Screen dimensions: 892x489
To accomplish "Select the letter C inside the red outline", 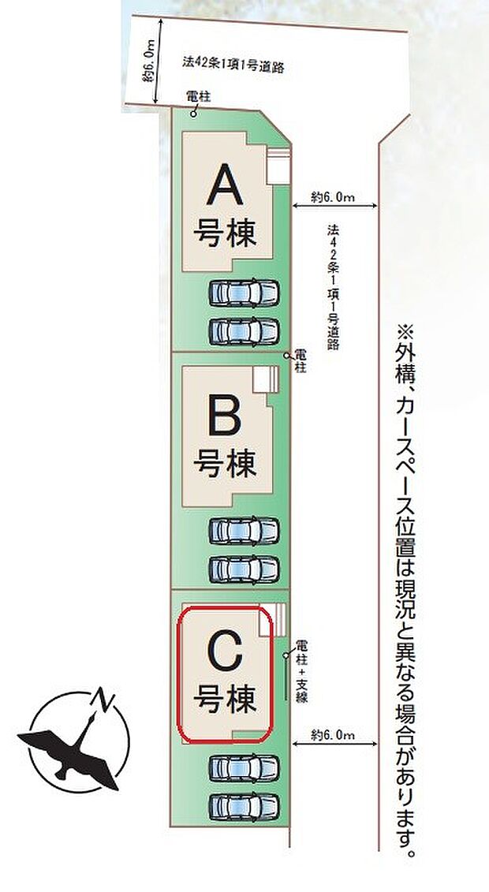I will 226,654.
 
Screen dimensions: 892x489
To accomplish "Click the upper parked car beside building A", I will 244,294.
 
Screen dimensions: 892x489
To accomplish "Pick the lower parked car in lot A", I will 244,329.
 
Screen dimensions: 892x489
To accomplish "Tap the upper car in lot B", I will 244,530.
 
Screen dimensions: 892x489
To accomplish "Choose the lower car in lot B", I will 244,568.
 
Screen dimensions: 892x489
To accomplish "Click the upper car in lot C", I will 244,767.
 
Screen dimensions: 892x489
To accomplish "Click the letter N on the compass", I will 102,699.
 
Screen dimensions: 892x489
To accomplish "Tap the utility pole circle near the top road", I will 193,114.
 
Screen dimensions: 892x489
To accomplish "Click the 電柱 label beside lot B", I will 300,362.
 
